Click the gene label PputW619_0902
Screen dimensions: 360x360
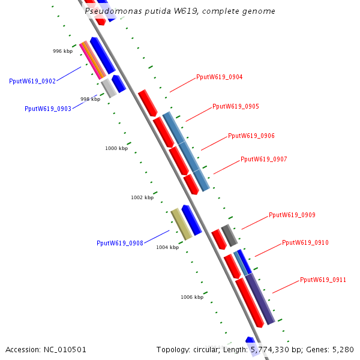tap(32, 81)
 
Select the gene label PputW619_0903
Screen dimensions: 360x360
tap(48, 109)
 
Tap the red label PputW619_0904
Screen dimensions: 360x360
tap(219, 77)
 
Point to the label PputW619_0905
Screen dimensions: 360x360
tap(236, 106)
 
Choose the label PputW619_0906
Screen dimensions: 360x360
tap(251, 136)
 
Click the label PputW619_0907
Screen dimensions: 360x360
tap(264, 159)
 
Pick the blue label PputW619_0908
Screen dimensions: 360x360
tap(120, 243)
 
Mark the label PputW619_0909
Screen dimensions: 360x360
tap(292, 215)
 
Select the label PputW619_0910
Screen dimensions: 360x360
tap(305, 242)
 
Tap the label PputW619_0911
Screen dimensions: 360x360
tap(323, 280)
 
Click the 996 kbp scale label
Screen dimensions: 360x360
tap(62, 51)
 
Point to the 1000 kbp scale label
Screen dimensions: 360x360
tap(116, 148)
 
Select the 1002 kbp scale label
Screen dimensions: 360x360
tap(142, 197)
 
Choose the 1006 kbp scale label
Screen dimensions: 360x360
tap(192, 296)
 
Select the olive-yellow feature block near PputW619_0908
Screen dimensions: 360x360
tap(181, 224)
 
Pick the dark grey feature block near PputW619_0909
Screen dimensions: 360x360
tap(230, 235)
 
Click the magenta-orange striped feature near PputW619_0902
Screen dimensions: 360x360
tap(92, 60)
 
